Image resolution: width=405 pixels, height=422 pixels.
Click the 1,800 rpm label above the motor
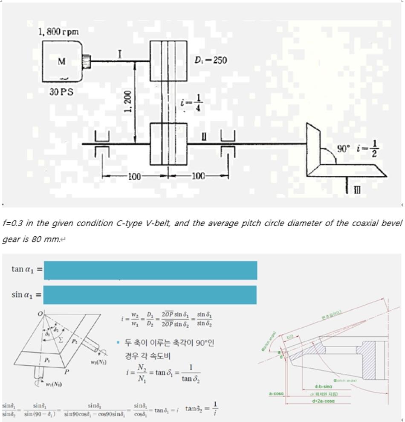coord(59,32)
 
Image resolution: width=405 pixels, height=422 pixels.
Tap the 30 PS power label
coord(61,92)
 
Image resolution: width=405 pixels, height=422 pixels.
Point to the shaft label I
coord(120,54)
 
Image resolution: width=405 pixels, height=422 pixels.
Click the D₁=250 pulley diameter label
coord(211,60)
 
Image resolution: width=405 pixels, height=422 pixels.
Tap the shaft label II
coord(204,137)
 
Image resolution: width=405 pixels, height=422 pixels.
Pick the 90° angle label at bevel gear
coord(344,149)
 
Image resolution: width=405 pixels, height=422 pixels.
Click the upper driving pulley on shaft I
coord(168,61)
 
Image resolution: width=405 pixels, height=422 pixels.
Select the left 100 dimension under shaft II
coord(135,177)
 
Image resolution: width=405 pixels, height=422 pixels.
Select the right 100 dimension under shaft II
coord(198,177)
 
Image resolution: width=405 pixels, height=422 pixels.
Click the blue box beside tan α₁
coord(150,270)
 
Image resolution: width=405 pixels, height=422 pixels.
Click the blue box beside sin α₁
coord(150,295)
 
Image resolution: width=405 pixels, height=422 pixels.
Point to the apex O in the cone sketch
coord(40,314)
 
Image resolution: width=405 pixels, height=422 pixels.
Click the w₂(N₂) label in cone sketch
coord(98,362)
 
